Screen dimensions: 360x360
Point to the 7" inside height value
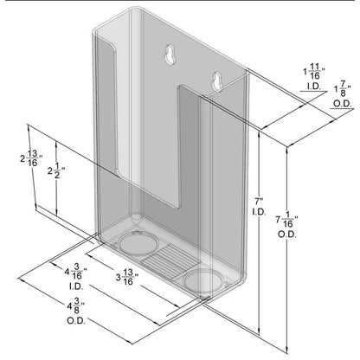point(257,197)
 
